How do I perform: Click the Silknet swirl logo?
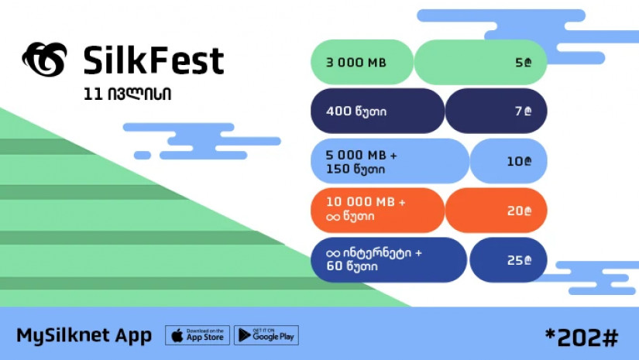[44, 60]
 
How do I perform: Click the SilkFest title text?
[153, 60]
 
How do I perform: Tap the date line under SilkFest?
[127, 94]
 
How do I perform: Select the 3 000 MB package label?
[356, 62]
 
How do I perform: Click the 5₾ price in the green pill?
[524, 62]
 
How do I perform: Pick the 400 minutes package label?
[356, 111]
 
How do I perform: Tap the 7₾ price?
[524, 111]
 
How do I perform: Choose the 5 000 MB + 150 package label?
[361, 162]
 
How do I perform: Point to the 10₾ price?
[519, 161]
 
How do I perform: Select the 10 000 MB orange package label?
[366, 208]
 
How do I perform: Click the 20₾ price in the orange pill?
[519, 211]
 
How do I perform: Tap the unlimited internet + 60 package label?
[373, 259]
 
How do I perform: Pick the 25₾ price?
[519, 260]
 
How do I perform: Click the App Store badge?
[198, 335]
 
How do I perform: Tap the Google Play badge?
[266, 335]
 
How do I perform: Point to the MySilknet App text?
[84, 336]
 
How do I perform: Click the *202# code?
[582, 338]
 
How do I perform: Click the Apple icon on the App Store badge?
[177, 335]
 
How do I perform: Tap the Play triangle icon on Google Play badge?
[245, 335]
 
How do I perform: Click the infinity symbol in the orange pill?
[333, 217]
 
